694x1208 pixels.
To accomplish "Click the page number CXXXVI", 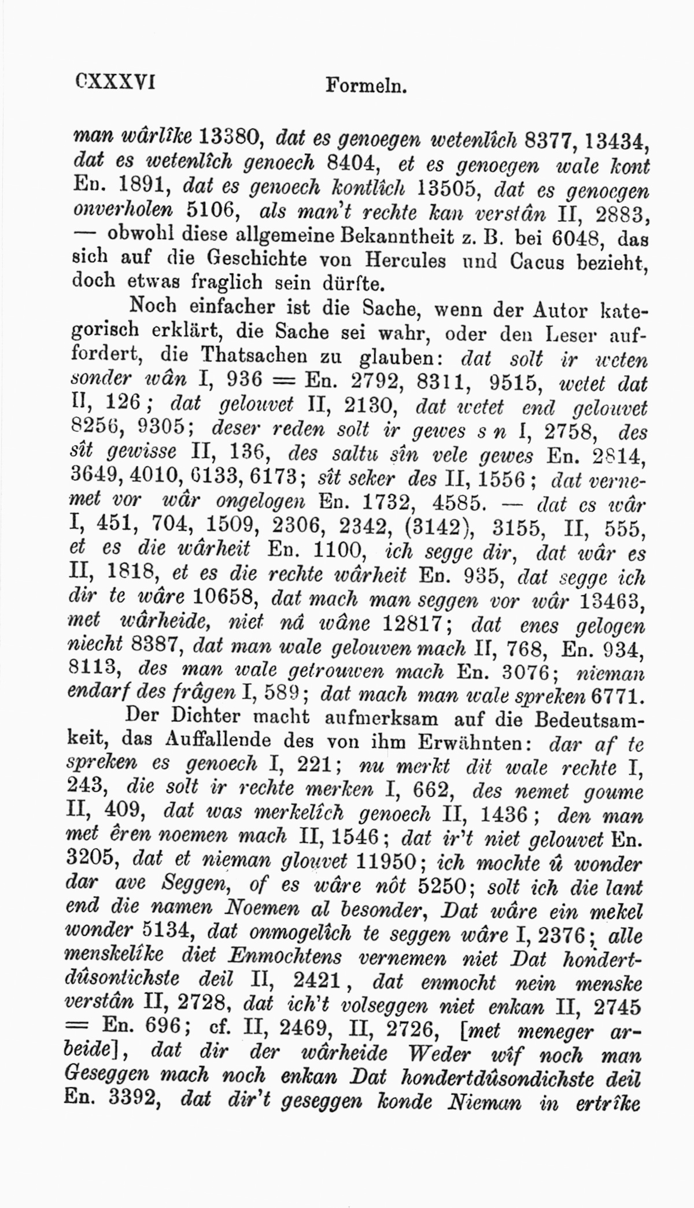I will tap(115, 81).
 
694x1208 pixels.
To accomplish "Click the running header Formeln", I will tap(367, 87).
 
